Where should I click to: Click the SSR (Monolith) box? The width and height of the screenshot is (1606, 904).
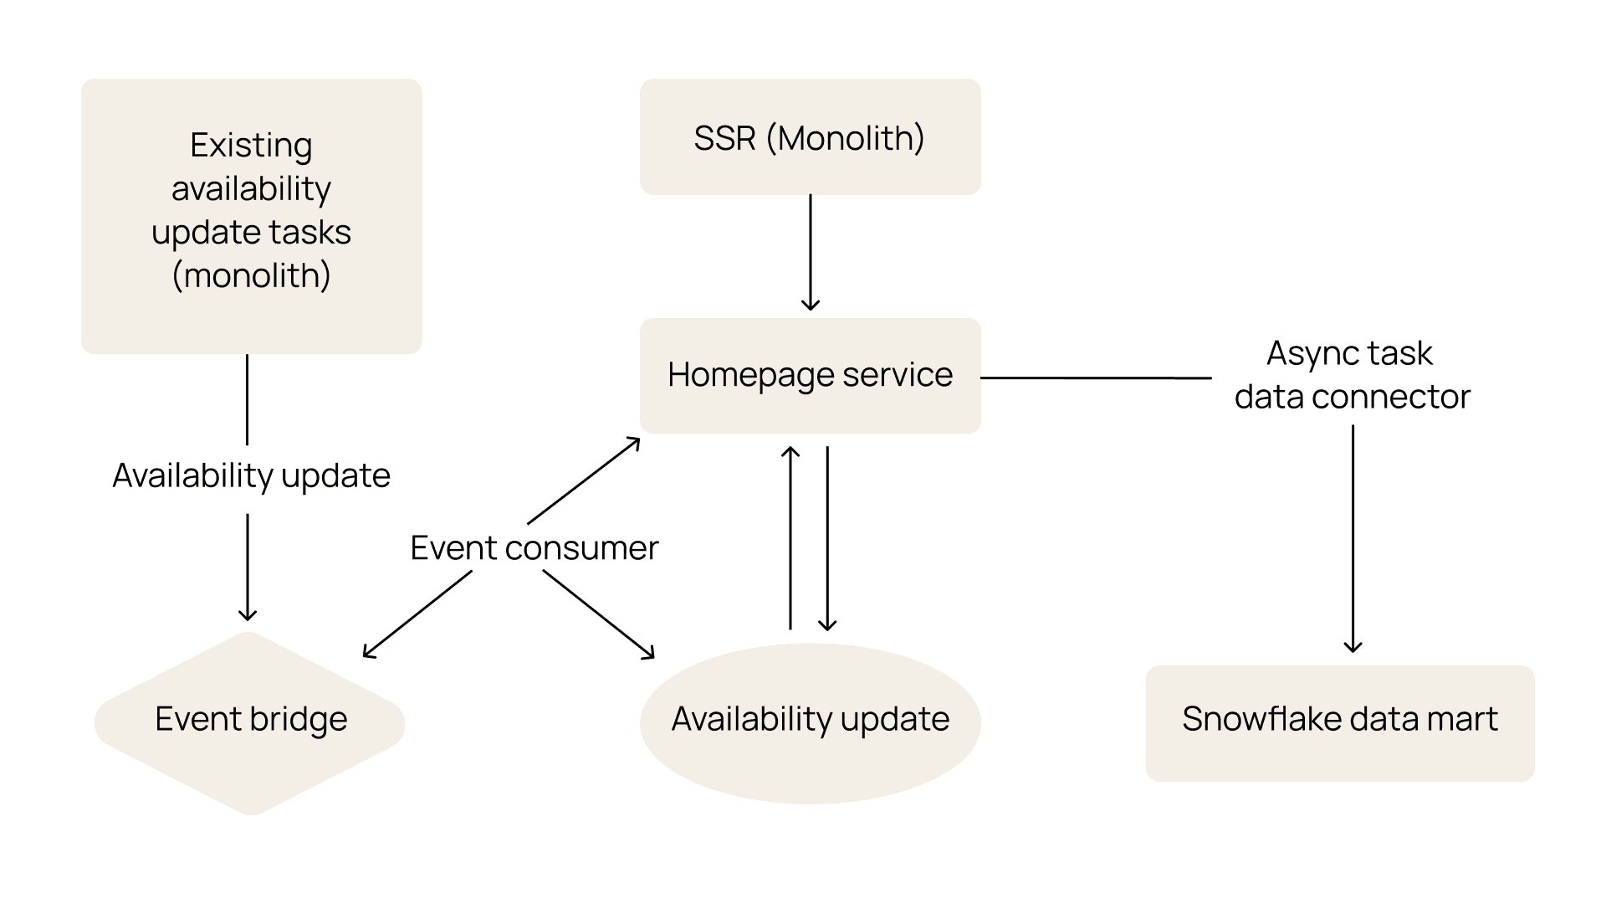810,137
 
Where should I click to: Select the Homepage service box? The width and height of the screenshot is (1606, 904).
810,376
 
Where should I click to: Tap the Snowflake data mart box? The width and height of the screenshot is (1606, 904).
1340,723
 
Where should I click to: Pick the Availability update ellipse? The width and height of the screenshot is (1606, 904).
810,723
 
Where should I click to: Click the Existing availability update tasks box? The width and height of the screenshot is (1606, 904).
251,216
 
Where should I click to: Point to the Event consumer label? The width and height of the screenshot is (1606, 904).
534,548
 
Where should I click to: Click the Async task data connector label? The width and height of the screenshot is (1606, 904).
1352,375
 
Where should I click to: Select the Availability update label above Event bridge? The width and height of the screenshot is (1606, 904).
251,476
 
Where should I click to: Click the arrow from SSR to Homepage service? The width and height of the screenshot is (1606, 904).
810,253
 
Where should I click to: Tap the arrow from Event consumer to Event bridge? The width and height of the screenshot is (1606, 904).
417,614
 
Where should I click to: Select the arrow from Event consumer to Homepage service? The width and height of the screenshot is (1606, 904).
584,480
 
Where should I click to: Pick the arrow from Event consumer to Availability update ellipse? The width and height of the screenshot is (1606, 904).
599,614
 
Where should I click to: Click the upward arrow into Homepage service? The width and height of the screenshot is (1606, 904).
790,538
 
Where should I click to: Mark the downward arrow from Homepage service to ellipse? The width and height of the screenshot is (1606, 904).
827,538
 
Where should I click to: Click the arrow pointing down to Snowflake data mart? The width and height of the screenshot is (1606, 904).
1353,538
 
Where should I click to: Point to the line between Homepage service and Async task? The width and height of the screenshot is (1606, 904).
1096,378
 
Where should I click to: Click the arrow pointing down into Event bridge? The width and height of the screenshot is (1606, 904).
248,568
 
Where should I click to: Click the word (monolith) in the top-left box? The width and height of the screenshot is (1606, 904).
251,275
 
